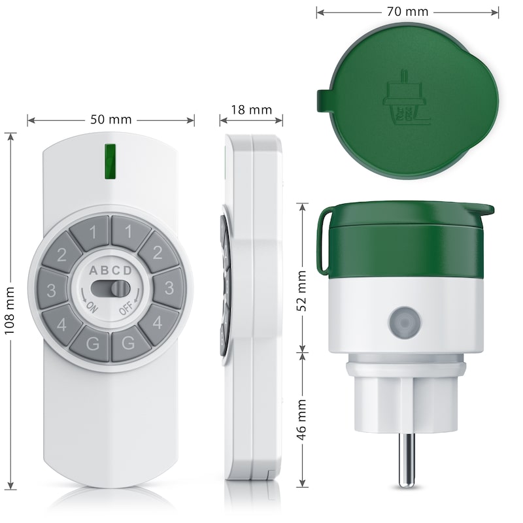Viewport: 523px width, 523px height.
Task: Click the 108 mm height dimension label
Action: (x=10, y=311)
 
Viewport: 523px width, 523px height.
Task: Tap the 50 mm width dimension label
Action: (x=111, y=120)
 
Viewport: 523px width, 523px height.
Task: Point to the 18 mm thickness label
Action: (x=252, y=110)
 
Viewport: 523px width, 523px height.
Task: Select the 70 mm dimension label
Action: (x=407, y=12)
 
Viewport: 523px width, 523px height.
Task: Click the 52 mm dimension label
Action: (x=301, y=290)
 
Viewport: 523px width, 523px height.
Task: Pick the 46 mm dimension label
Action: (x=301, y=419)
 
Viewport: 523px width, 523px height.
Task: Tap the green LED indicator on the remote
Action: (x=110, y=161)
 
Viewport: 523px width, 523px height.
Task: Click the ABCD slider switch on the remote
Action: (x=110, y=288)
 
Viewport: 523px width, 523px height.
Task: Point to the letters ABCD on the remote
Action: (x=110, y=271)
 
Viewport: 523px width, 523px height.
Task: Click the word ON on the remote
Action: (x=92, y=307)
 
